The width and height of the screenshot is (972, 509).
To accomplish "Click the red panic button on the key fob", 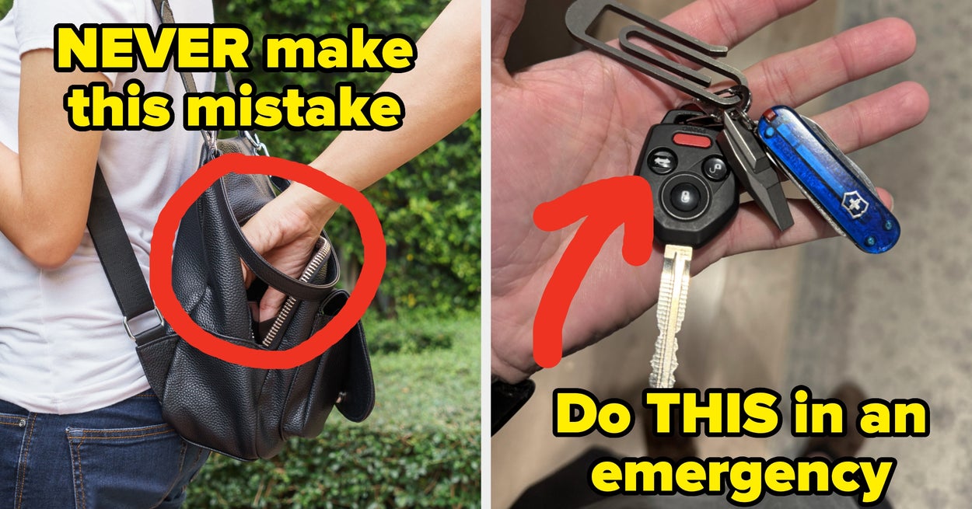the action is pyautogui.click(x=692, y=140).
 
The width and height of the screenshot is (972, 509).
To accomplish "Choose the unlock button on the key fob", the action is pyautogui.click(x=715, y=168).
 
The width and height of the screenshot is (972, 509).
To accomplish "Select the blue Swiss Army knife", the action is pyautogui.click(x=828, y=178).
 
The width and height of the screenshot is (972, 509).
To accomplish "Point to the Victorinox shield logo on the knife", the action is pyautogui.click(x=855, y=204).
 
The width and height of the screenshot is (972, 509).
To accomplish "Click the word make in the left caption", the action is pyautogui.click(x=337, y=51).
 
